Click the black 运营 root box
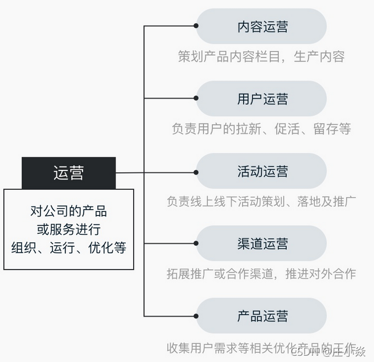click(x=68, y=173)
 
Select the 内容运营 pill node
click(x=262, y=26)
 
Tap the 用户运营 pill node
click(x=262, y=99)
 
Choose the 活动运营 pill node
click(x=262, y=171)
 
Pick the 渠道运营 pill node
click(x=262, y=243)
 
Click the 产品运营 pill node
click(x=262, y=316)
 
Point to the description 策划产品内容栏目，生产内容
click(x=261, y=56)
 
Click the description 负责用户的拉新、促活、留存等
click(x=261, y=129)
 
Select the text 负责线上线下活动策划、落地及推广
click(x=261, y=201)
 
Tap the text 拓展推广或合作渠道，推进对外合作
click(x=261, y=274)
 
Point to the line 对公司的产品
click(x=68, y=211)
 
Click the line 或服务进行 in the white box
click(x=68, y=229)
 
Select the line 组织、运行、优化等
click(x=68, y=248)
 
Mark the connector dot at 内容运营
click(x=196, y=26)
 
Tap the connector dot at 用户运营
click(x=196, y=98)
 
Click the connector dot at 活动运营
click(x=196, y=171)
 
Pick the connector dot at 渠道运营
click(x=196, y=243)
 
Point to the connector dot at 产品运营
click(x=196, y=316)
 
